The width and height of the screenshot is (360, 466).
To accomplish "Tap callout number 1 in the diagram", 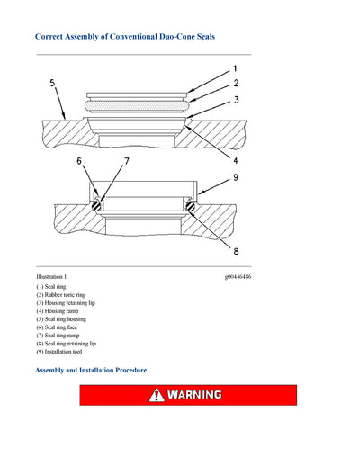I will (235, 68).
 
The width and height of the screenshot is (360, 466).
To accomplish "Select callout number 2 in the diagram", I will (235, 84).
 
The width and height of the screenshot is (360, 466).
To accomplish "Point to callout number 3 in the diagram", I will (235, 101).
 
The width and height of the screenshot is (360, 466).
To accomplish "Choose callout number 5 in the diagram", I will (52, 83).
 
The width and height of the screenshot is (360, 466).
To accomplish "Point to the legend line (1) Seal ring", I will (50, 287).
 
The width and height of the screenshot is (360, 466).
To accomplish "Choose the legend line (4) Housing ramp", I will (56, 311).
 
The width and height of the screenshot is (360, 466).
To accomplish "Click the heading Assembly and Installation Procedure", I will (90, 370).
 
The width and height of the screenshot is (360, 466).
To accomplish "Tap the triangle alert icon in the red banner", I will (157, 395).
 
